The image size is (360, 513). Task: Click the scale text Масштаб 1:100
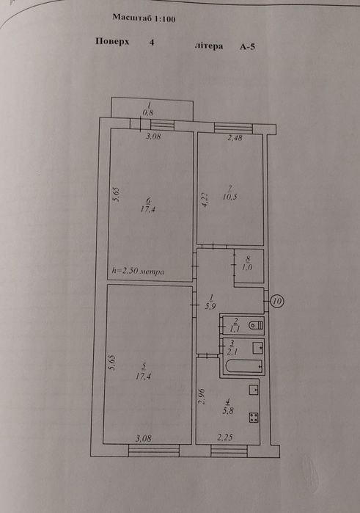tap(144, 18)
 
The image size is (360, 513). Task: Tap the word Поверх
tap(112, 42)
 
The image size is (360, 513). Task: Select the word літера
tap(209, 46)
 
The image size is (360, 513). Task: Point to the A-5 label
tap(247, 46)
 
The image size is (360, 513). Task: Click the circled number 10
tap(277, 301)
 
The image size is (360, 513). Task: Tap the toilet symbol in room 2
tap(256, 326)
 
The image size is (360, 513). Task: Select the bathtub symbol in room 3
tap(244, 366)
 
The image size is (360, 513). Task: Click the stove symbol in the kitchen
tap(254, 418)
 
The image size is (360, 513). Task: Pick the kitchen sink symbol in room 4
tap(254, 390)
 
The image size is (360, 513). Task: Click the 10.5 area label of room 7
tap(229, 197)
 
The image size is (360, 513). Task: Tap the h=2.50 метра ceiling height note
tap(138, 272)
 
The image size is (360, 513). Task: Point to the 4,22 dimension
tap(204, 199)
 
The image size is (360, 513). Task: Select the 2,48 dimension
tap(235, 138)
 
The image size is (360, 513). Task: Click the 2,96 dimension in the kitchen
tap(202, 396)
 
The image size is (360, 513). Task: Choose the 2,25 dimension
tap(226, 437)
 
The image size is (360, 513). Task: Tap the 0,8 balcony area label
tap(148, 112)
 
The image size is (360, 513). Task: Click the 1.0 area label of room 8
tap(248, 267)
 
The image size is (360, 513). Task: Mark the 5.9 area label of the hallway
tap(210, 307)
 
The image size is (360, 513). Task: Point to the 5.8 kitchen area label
tap(228, 411)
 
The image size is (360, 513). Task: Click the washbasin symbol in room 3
tap(258, 348)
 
